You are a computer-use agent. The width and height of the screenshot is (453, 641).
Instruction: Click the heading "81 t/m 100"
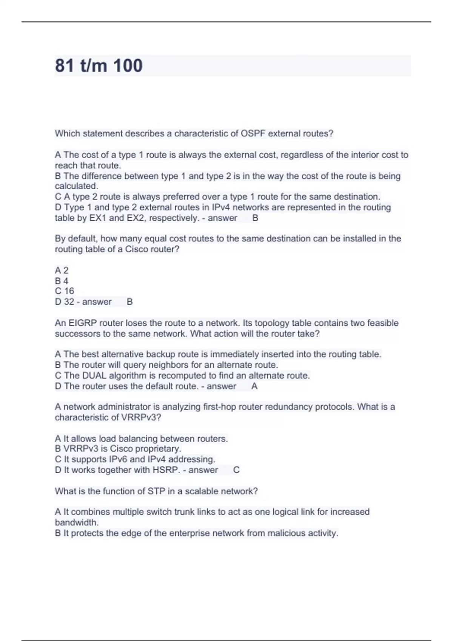coord(99,66)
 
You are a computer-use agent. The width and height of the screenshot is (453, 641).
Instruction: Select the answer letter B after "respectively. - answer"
coord(255,218)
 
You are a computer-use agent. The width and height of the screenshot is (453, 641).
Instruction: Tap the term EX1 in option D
coord(98,218)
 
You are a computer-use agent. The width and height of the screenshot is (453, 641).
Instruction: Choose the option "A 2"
coord(62,270)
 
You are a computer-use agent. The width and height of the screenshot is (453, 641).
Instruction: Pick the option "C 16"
coord(65,291)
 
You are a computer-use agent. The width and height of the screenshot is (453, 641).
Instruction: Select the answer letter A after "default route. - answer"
coord(254,386)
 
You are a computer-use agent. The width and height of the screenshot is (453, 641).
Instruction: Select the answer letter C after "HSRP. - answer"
coord(236,470)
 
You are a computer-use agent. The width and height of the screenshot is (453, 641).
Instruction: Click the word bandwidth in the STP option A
coord(76,523)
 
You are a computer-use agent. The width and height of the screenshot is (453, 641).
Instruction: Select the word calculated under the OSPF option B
coord(76,186)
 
